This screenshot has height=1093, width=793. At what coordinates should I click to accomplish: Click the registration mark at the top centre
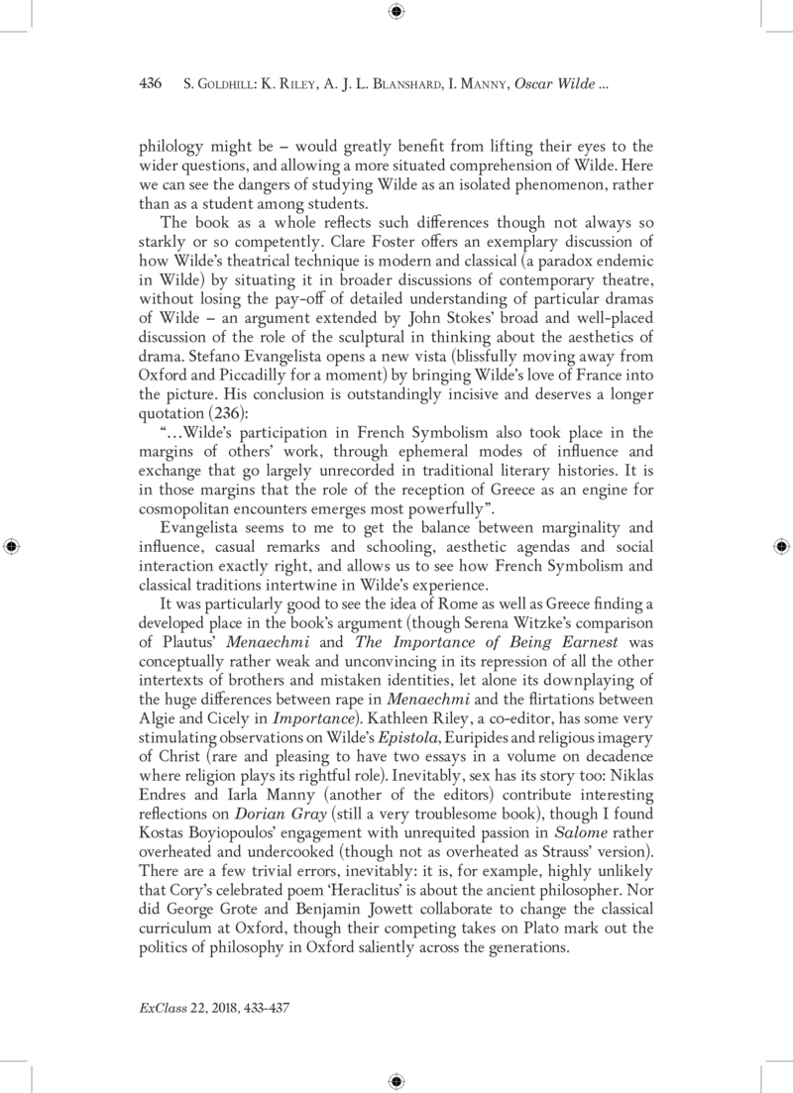point(396,12)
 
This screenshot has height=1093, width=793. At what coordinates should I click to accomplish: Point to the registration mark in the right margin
point(779,546)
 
